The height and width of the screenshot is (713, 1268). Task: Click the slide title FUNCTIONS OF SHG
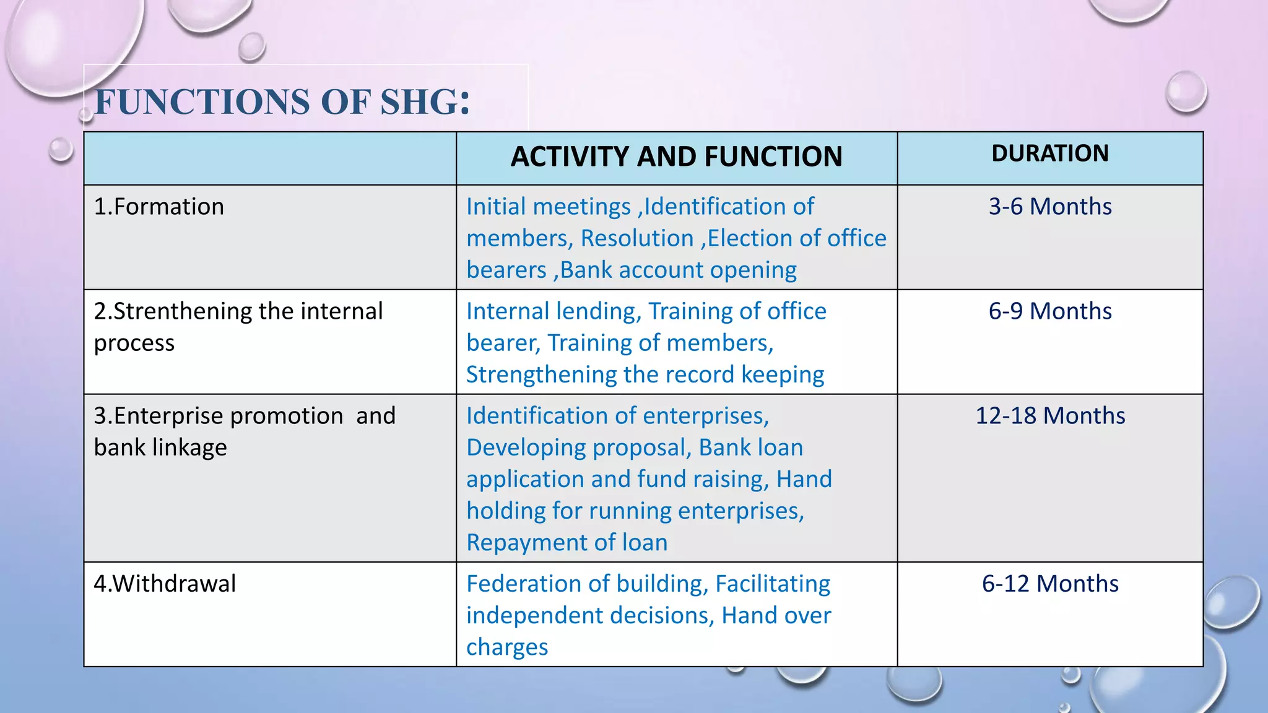coord(282,102)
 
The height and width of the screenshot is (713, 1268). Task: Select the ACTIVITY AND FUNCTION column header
coord(676,157)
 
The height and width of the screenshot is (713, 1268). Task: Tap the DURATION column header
coord(1049,153)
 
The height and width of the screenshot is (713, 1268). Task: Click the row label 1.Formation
coord(159,207)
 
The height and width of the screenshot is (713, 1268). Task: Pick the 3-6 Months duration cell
coord(1049,207)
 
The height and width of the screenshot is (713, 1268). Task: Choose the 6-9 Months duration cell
coord(1049,311)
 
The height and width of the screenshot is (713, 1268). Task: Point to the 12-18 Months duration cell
coord(1050,416)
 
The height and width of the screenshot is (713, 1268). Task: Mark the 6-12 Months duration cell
coord(1050,584)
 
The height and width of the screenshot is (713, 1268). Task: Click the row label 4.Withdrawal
coord(165,584)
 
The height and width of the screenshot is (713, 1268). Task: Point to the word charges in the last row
coord(507,647)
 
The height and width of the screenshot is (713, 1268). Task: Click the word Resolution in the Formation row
coord(636,238)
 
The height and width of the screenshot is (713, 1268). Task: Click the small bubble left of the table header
coord(61,150)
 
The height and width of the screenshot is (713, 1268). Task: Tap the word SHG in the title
coord(425,102)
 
